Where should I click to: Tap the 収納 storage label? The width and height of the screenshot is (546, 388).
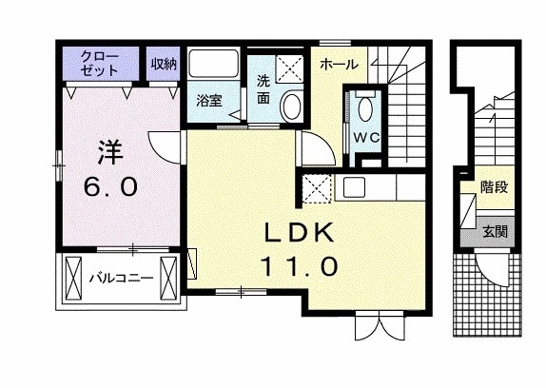(x=164, y=65)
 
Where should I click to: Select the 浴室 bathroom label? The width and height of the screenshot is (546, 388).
(x=208, y=99)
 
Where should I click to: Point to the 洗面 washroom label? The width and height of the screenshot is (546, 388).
(x=263, y=88)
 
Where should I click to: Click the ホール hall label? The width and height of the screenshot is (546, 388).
(x=338, y=64)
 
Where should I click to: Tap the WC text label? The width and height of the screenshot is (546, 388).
(x=365, y=136)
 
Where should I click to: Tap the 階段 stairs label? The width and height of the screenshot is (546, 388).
(x=493, y=186)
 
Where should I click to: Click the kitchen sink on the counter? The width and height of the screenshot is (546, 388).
(x=355, y=185)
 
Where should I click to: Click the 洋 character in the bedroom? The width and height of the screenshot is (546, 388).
(x=110, y=150)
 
